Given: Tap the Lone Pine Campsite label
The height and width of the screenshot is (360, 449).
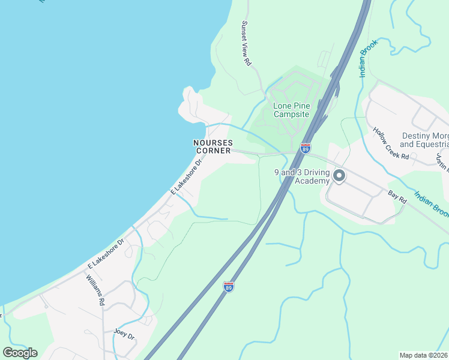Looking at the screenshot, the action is pyautogui.click(x=291, y=110).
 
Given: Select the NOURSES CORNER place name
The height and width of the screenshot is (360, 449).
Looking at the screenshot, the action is pyautogui.click(x=212, y=146).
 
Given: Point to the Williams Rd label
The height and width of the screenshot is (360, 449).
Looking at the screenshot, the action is pyautogui.click(x=95, y=290).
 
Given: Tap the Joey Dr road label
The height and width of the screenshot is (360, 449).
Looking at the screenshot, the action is pyautogui.click(x=124, y=334).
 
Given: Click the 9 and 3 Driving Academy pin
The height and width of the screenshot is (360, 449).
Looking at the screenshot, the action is pyautogui.click(x=339, y=176).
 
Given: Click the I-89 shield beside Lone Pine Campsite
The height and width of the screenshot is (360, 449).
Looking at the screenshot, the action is pyautogui.click(x=306, y=148).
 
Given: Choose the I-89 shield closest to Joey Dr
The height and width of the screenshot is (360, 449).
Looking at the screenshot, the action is pyautogui.click(x=228, y=287).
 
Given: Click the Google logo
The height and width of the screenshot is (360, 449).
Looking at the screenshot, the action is pyautogui.click(x=20, y=352).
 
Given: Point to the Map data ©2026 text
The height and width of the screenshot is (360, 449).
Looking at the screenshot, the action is pyautogui.click(x=423, y=355).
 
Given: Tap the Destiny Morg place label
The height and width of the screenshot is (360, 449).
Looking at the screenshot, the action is pyautogui.click(x=424, y=136).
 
